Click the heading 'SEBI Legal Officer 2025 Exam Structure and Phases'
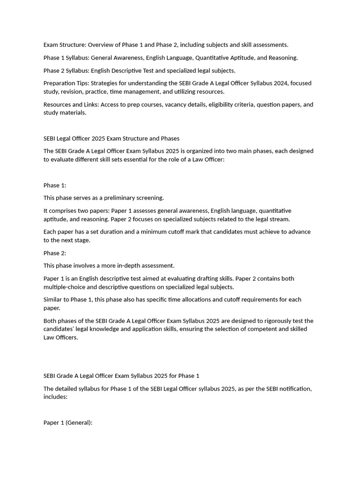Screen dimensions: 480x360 click(112, 138)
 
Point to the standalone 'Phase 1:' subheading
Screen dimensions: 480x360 click(55, 185)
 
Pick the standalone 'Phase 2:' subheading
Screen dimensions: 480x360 click(55, 253)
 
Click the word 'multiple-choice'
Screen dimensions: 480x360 click(64, 287)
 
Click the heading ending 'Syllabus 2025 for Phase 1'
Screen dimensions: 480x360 click(121, 376)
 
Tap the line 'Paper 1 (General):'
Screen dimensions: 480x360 click(68, 423)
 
